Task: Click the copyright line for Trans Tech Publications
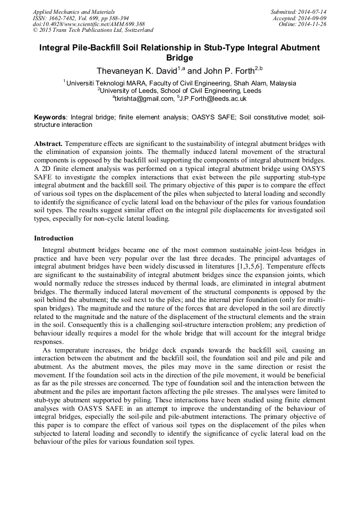click(x=93, y=31)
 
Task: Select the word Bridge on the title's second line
click(x=179, y=58)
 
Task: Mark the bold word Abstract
click(x=48, y=144)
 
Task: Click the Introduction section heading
click(x=54, y=238)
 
